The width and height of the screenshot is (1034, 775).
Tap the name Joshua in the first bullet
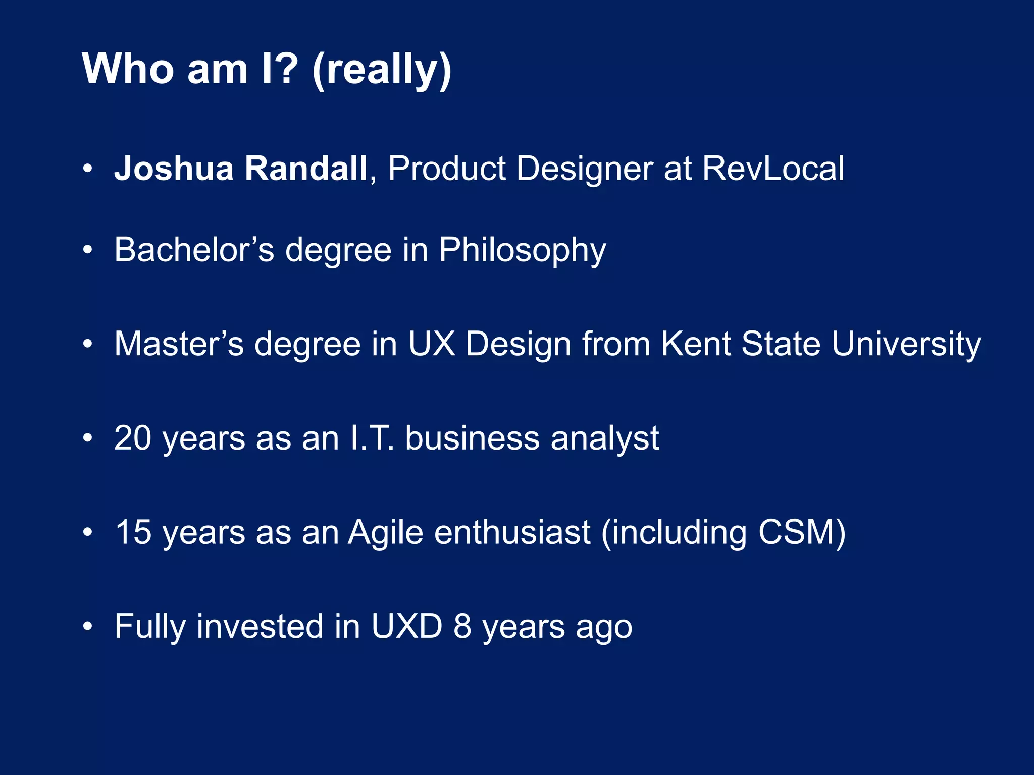tap(174, 168)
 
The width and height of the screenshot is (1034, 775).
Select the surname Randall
tap(306, 168)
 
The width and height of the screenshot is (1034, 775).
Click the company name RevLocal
tap(773, 168)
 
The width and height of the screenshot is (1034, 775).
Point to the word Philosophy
tap(522, 251)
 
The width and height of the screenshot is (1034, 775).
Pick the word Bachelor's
tap(194, 250)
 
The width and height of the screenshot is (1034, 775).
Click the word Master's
tap(179, 344)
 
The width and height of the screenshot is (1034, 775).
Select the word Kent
tap(696, 344)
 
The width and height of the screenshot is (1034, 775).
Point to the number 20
tap(133, 438)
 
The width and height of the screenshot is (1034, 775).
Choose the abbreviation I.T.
tap(371, 438)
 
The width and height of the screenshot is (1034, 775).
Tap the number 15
tap(133, 532)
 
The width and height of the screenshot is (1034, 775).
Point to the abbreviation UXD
tap(406, 626)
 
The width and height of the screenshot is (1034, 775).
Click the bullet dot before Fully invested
tap(88, 626)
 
